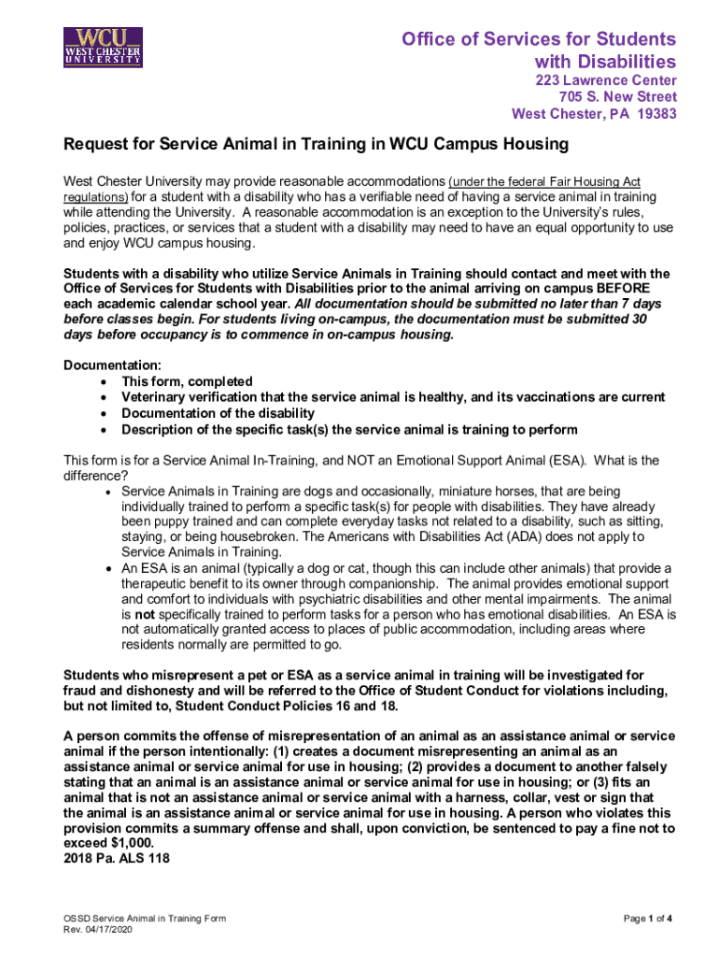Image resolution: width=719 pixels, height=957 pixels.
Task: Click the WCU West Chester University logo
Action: tap(103, 47)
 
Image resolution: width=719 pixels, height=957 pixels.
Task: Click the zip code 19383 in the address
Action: tap(656, 114)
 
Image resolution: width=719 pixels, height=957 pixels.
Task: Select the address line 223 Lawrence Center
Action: tap(606, 80)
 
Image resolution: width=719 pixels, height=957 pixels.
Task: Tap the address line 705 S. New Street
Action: tap(618, 97)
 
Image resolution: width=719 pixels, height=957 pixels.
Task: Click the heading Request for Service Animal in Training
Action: tap(315, 145)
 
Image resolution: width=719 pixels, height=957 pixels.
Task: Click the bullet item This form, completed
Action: tap(187, 381)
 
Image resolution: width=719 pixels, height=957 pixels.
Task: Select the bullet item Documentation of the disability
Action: tap(218, 413)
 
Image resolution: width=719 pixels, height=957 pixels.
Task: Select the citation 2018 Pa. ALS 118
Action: tap(116, 858)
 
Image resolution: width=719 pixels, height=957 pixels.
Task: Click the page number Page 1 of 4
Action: tap(648, 919)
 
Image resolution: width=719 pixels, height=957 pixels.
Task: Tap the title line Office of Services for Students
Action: tap(539, 39)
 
